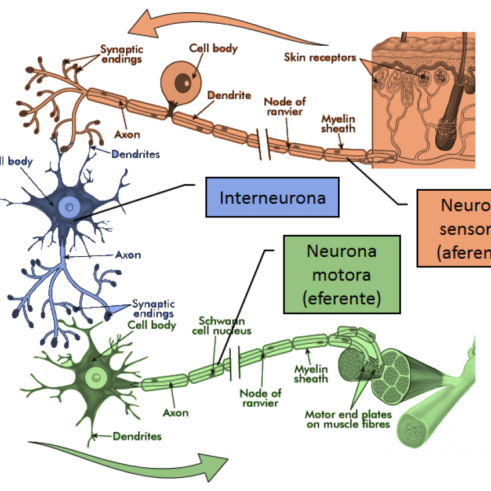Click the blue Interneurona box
tap(272, 198)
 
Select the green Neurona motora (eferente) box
tap(342, 275)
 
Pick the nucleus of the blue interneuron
tap(69, 205)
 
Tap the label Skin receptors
tap(320, 57)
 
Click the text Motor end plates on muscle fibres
tap(348, 420)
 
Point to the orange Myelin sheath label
tap(338, 123)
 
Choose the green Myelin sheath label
tap(311, 374)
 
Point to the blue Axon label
tap(128, 254)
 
